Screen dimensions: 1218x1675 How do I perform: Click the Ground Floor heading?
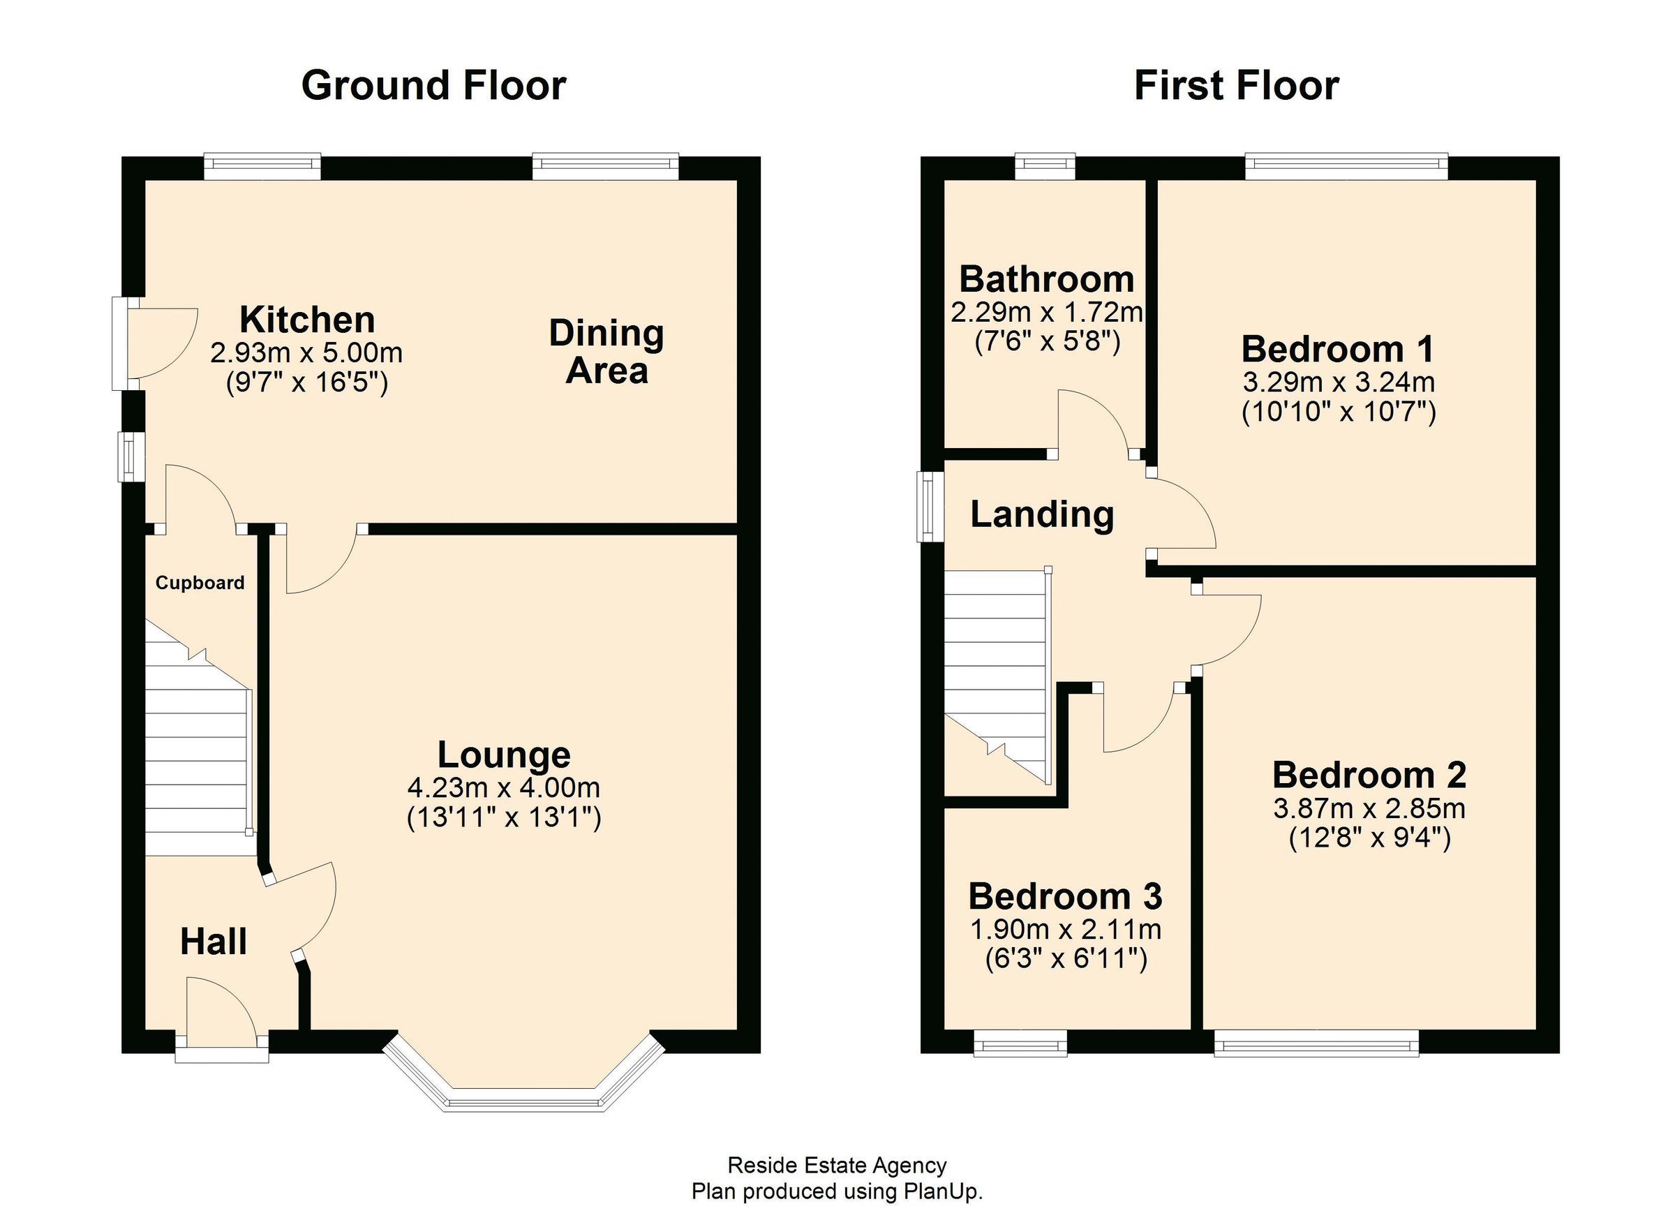pos(433,86)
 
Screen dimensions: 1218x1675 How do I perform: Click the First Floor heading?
pos(1235,86)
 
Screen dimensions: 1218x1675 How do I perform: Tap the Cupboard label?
pos(200,583)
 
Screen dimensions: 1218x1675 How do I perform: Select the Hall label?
pos(214,942)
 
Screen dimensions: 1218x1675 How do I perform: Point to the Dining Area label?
pos(606,352)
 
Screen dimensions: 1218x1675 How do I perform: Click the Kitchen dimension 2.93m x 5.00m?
pos(306,353)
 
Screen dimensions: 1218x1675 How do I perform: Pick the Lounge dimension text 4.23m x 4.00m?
pos(504,787)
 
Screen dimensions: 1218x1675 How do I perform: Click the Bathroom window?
pos(1045,166)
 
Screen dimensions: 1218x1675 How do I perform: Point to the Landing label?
pos(1041,514)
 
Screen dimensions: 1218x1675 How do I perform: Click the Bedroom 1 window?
pos(1346,166)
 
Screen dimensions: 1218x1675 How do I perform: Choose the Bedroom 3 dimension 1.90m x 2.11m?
pos(1066,929)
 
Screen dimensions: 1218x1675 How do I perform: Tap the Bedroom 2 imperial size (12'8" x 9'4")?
pos(1369,838)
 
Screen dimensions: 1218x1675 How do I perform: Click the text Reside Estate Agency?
pos(837,1166)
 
